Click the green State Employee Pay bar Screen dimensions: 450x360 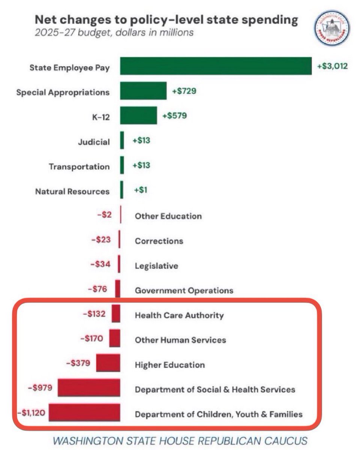pos(216,66)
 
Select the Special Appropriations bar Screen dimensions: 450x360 pos(143,91)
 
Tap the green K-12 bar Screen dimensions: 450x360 pos(138,115)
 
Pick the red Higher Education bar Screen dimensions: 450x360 pos(108,363)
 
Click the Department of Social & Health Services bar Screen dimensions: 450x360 pos(89,388)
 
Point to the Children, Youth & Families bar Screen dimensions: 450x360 pos(84,412)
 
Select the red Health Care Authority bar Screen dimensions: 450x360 pos(116,313)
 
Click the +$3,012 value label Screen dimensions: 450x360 pos(332,66)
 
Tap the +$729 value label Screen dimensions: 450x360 pos(184,91)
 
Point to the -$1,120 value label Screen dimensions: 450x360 pos(31,413)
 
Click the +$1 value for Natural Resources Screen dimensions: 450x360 pos(141,190)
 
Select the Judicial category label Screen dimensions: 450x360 pos(94,142)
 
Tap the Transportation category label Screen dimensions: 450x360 pos(79,166)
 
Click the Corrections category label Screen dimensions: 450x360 pos(159,241)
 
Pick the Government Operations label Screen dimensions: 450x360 pos(184,291)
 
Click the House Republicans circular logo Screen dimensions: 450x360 pos(332,28)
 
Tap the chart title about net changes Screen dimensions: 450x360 pos(166,20)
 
